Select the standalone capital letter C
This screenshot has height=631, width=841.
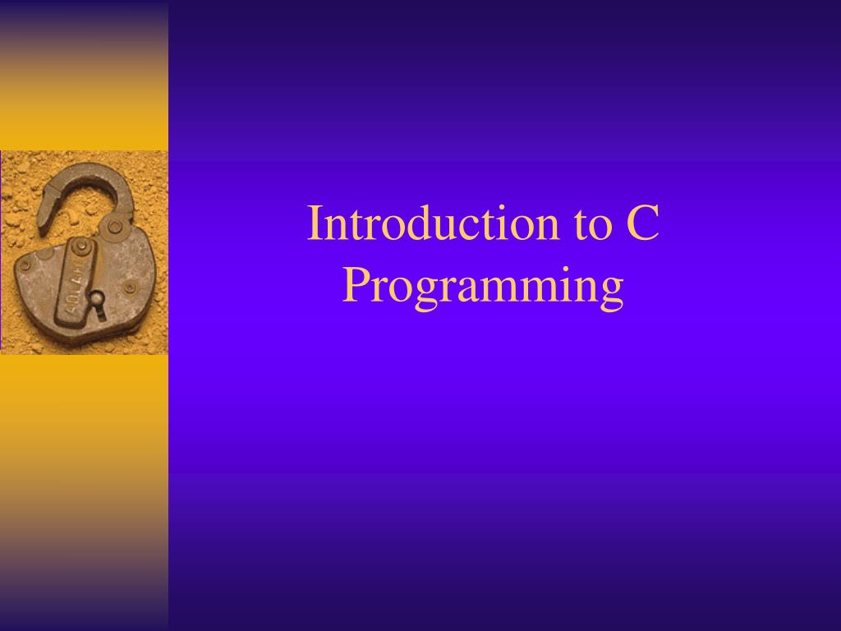[642, 223]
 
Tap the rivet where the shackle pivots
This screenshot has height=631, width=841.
[116, 227]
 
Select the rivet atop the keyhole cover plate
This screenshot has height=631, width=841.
[81, 247]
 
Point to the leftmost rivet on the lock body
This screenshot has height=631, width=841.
[25, 265]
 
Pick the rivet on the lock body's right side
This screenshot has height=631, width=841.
[130, 288]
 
